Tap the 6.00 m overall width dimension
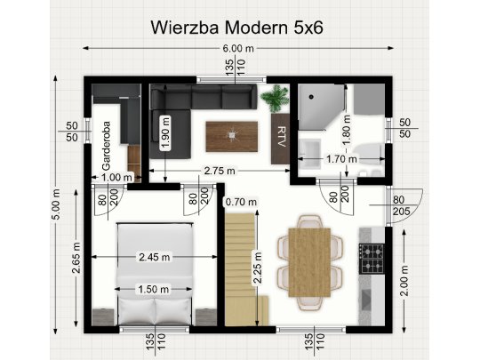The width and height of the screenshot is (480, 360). point(237,48)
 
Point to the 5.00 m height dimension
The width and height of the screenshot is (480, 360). point(55,205)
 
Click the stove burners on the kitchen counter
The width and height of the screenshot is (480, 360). point(371,258)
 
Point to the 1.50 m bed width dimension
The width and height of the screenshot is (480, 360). point(155,290)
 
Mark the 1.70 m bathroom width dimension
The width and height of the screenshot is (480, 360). point(342,160)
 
